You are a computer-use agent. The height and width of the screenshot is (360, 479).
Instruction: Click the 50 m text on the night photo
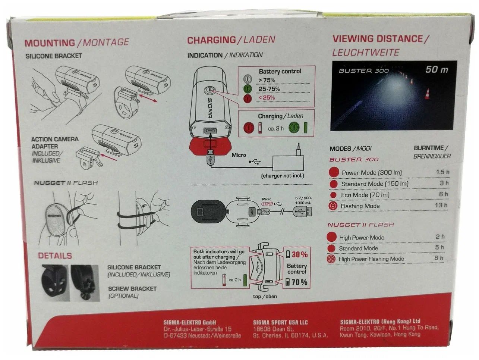437,70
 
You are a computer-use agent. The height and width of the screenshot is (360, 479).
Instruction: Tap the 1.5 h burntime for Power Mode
443,172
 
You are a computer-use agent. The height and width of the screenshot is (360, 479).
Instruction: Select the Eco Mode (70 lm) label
365,195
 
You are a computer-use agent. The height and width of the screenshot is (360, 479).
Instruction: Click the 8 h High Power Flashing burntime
439,258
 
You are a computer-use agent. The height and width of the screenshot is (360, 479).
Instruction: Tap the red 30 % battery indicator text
300,254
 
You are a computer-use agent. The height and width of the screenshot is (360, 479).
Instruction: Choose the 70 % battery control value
299,282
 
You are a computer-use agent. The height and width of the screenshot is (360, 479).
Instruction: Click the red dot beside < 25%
248,98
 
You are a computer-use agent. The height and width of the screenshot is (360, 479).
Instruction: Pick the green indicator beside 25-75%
248,89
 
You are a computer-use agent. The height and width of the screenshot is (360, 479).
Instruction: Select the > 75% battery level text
267,80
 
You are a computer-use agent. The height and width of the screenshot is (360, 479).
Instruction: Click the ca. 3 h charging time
276,129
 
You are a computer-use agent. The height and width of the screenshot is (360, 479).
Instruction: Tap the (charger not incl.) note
283,176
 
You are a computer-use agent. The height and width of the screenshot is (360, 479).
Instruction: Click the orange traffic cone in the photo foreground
427,94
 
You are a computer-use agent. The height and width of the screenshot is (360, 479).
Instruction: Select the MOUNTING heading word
50,43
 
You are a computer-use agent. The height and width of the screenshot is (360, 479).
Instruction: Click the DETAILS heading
55,256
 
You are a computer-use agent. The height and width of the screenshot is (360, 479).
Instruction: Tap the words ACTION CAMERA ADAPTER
55,143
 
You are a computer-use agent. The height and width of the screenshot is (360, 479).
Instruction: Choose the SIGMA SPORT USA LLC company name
280,322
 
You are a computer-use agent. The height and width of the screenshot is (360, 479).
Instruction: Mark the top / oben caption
265,297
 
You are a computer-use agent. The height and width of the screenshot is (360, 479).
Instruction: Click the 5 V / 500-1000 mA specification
303,200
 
